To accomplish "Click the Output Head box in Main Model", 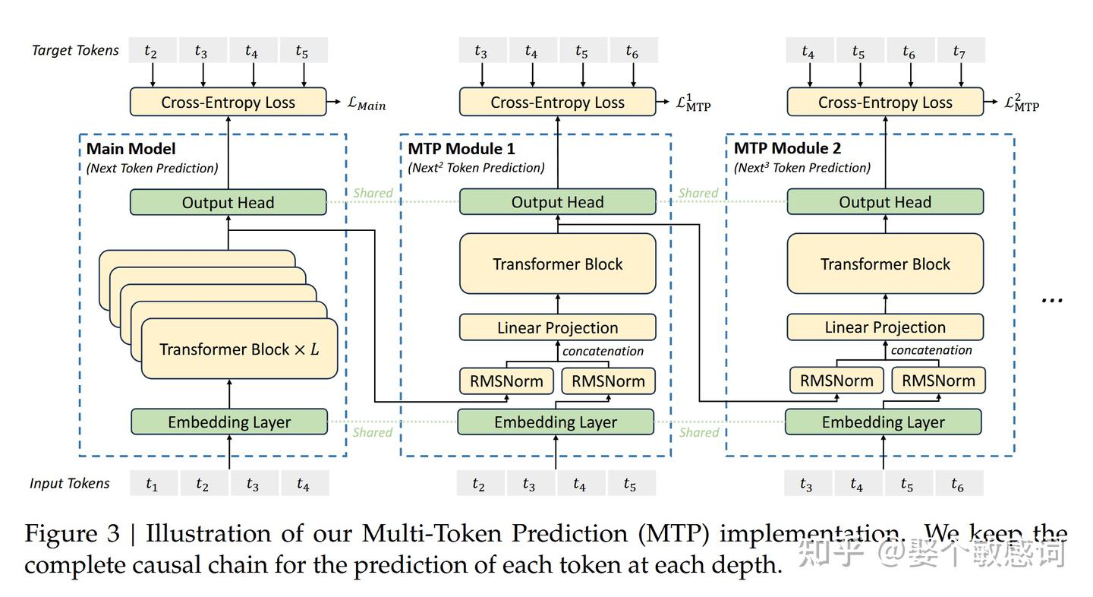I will [228, 203].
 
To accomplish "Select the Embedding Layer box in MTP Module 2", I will [883, 422].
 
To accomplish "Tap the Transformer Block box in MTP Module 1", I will [557, 264].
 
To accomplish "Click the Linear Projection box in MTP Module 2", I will [885, 327].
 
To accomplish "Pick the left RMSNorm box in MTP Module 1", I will [506, 381].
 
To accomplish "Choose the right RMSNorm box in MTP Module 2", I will [938, 381].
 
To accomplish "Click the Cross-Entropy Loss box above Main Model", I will [228, 103].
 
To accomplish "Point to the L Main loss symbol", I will [366, 104].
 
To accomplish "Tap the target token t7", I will [959, 52].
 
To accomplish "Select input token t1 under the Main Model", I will [153, 484].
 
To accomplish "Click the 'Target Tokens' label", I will [75, 51].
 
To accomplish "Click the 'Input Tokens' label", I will [70, 484].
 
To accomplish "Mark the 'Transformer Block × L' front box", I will [239, 349].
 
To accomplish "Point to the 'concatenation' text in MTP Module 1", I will [603, 351].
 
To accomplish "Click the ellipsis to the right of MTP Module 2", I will [1051, 299].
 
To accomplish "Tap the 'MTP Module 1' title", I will [461, 148].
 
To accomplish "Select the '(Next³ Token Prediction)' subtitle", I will [802, 168].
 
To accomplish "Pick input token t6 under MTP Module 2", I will [957, 485].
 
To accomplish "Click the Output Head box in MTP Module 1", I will [557, 203].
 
